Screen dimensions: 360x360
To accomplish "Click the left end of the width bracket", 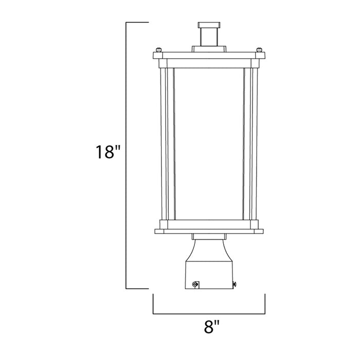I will [x=153, y=303].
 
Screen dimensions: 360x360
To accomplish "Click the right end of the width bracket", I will [x=265, y=303].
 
